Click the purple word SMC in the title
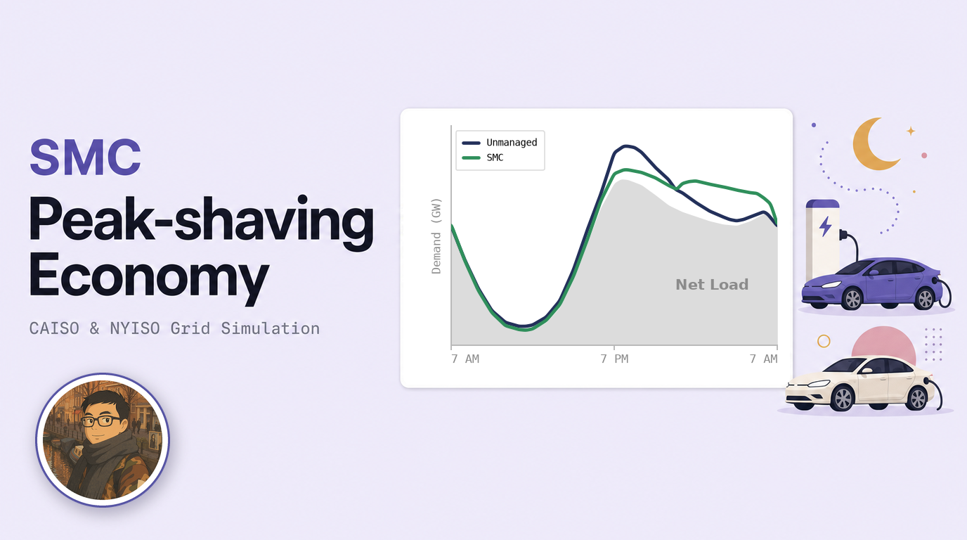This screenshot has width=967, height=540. [x=85, y=157]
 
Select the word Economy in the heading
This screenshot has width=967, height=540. [x=149, y=277]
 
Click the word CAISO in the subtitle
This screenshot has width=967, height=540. [x=54, y=329]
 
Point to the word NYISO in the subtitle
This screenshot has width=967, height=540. [x=135, y=329]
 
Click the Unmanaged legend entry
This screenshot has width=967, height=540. [x=500, y=143]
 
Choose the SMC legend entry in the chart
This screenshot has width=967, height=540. [x=483, y=157]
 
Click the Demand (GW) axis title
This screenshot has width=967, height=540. [x=436, y=236]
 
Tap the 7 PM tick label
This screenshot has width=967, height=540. [x=614, y=359]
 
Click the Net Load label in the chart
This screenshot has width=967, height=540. [x=712, y=285]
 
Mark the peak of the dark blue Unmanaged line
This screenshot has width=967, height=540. [x=625, y=146]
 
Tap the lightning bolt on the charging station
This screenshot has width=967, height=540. [x=826, y=226]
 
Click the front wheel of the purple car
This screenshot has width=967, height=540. [x=852, y=299]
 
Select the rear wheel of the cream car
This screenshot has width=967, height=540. [x=917, y=398]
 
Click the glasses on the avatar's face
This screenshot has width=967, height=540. [x=100, y=420]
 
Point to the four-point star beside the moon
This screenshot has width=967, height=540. [x=911, y=131]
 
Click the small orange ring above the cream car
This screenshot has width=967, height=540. [x=824, y=341]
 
